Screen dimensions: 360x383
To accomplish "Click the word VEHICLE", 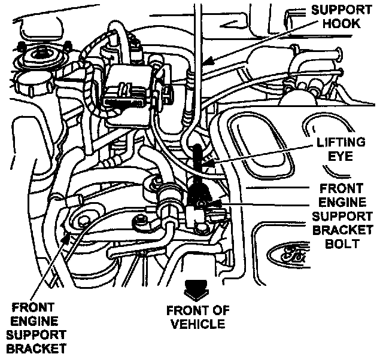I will pos(196,324).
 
